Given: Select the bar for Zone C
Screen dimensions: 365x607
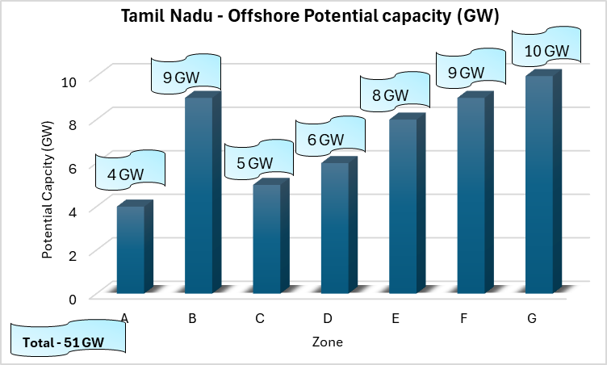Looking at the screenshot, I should [x=266, y=238].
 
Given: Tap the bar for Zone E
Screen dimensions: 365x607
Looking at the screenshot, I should [x=403, y=206].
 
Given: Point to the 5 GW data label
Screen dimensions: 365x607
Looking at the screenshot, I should [x=254, y=162].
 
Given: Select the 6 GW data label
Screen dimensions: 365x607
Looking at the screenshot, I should [x=324, y=140].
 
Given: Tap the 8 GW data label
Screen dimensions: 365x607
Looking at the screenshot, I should [x=390, y=95].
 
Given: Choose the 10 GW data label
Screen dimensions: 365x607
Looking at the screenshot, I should [x=546, y=51].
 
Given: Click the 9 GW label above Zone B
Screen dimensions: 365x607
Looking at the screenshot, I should [x=186, y=78].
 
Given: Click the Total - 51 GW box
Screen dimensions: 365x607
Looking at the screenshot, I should [x=69, y=341].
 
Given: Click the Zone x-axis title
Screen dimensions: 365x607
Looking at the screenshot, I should [x=327, y=342].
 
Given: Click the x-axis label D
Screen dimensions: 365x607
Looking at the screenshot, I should [x=328, y=318].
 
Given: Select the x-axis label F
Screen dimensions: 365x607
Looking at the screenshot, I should [x=463, y=318].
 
